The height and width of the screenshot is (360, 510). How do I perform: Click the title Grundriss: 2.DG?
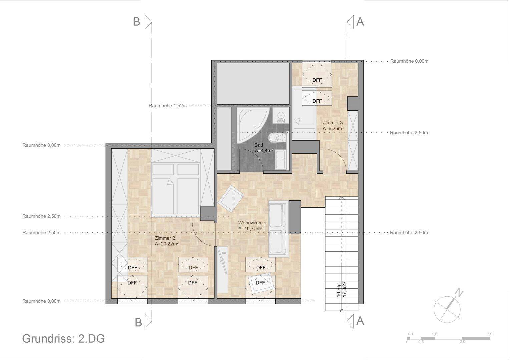point(63,339)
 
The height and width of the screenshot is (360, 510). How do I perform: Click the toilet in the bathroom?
point(277,137)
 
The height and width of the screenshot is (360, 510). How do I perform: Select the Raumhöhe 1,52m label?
point(168,106)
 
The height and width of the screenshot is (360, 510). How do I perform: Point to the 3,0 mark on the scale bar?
point(490,334)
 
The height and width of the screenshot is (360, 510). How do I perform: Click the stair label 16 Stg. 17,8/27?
point(341,289)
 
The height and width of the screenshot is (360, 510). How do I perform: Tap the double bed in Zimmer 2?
point(176,189)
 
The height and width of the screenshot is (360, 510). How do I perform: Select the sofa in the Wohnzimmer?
point(279,229)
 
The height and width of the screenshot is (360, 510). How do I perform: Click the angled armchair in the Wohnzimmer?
point(231,198)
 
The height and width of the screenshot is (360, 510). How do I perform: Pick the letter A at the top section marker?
point(360,22)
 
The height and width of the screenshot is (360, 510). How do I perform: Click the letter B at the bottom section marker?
point(138,322)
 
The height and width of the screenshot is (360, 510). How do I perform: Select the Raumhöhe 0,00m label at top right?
point(409,61)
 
